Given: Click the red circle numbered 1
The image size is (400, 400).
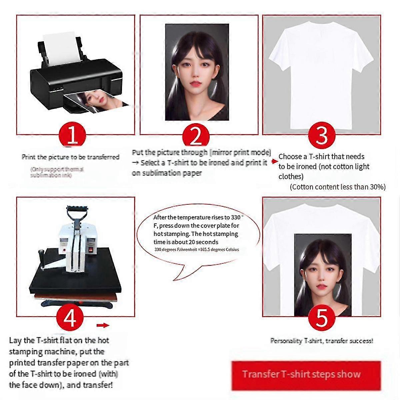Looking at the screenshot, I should pyautogui.click(x=72, y=135).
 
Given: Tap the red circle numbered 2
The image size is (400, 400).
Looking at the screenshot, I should pyautogui.click(x=196, y=135).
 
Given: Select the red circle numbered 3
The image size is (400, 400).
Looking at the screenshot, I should pyautogui.click(x=322, y=135).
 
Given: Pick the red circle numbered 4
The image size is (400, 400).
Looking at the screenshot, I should pyautogui.click(x=70, y=317).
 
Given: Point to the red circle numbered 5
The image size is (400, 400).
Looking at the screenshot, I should pyautogui.click(x=322, y=317).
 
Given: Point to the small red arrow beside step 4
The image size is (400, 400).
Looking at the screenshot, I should pyautogui.click(x=103, y=325).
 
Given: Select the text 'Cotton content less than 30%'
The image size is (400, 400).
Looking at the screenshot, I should pyautogui.click(x=337, y=187).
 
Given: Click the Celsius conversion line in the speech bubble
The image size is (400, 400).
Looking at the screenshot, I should pyautogui.click(x=196, y=250).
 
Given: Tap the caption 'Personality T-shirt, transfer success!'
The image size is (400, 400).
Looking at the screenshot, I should pyautogui.click(x=321, y=341).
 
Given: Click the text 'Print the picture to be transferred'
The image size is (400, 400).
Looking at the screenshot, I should pyautogui.click(x=70, y=157).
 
